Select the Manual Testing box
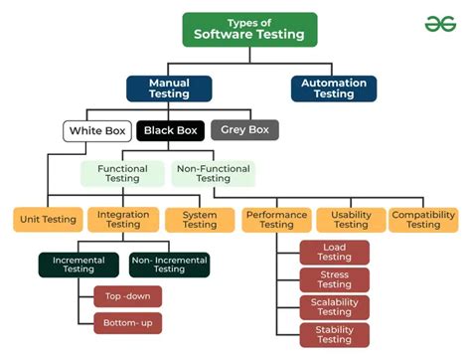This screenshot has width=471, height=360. [x=168, y=89]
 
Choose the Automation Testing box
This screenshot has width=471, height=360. [x=333, y=89]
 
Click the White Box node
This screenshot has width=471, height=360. [x=97, y=130]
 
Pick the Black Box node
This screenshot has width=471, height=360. [x=171, y=130]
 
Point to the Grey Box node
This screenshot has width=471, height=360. [x=244, y=129]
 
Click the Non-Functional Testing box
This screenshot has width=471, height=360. [x=213, y=174]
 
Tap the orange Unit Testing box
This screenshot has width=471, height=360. [x=46, y=220]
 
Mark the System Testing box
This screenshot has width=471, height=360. [x=200, y=220]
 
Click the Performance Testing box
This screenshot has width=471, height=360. [x=275, y=220]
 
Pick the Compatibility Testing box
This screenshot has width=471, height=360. [x=423, y=220]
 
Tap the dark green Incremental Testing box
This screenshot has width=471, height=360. [x=79, y=264]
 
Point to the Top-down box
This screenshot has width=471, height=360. [x=126, y=296]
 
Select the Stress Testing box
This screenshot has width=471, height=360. [x=334, y=279]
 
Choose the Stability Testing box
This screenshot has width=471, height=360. [x=334, y=334]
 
